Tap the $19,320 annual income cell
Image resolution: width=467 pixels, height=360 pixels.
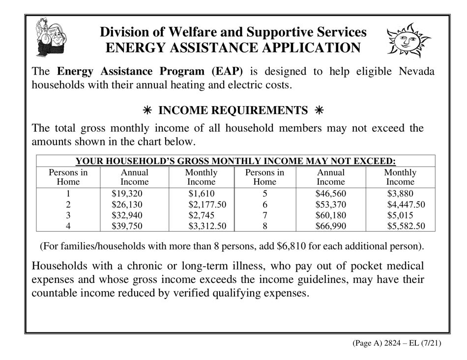pos(127,194)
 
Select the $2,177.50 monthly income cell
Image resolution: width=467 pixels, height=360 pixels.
pos(207,205)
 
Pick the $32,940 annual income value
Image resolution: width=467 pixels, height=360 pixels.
pos(127,216)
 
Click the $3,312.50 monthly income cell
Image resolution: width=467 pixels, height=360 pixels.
pos(207,226)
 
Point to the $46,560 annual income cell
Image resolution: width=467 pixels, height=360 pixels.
pos(331,194)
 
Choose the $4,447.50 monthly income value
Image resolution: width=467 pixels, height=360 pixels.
pos(406,205)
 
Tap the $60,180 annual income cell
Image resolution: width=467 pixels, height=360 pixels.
pos(331,216)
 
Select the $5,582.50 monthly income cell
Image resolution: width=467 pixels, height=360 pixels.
pos(406,226)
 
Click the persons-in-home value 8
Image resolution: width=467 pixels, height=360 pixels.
pos(264,226)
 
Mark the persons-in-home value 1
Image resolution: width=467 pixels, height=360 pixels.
pos(68,194)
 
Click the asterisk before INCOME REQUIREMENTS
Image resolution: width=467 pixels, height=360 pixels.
pos(147,111)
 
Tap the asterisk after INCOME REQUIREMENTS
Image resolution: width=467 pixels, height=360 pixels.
pos(319,111)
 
